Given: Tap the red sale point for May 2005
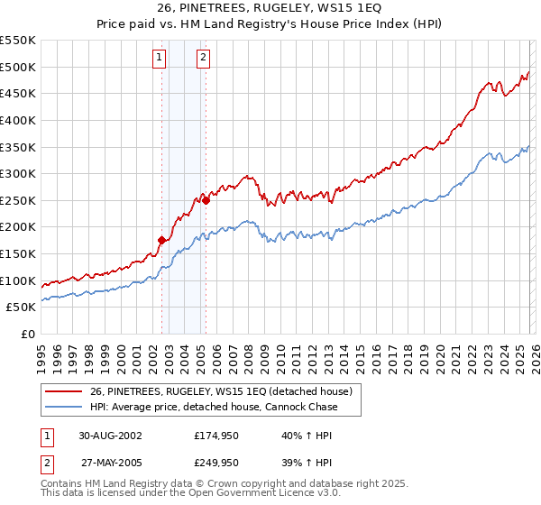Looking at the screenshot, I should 206,200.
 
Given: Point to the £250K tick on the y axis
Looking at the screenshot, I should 19,200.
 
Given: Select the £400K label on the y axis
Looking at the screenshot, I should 19,120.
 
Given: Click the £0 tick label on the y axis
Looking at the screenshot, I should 29,334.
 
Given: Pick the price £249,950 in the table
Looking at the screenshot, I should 217,463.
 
